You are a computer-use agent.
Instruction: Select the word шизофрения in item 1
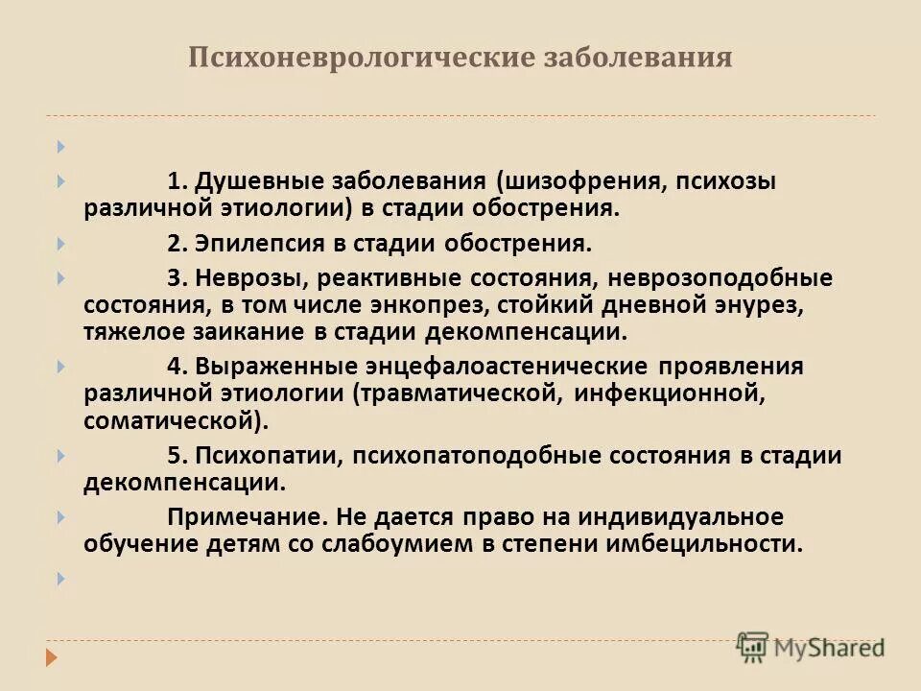coord(573,182)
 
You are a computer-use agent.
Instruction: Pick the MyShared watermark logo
coord(811,646)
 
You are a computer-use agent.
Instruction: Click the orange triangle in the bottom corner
coord(54,657)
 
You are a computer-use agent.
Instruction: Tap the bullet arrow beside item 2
coord(60,244)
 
